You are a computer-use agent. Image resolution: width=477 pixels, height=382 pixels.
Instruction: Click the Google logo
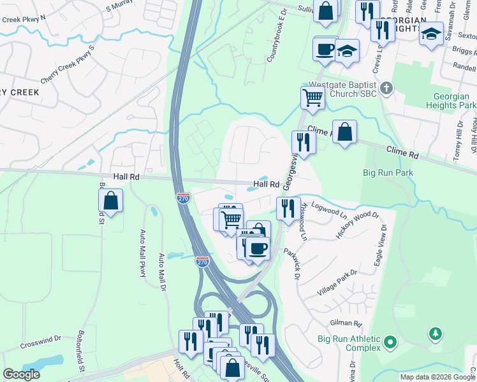click(22, 374)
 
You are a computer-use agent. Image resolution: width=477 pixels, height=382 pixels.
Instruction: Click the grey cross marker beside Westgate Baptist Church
click(385, 87)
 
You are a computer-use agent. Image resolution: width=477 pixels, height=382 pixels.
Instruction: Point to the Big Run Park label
click(388, 173)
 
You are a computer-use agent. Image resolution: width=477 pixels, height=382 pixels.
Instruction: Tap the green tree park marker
click(436, 333)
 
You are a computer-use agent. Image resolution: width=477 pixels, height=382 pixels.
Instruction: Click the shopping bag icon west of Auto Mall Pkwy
click(111, 201)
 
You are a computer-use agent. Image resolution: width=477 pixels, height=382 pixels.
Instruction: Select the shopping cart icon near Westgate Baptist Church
click(312, 98)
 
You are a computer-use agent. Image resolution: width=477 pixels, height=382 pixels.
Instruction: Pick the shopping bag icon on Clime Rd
click(344, 132)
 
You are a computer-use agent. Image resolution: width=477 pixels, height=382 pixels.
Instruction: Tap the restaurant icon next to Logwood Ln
click(288, 208)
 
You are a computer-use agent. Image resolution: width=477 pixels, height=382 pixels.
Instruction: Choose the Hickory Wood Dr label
click(357, 226)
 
